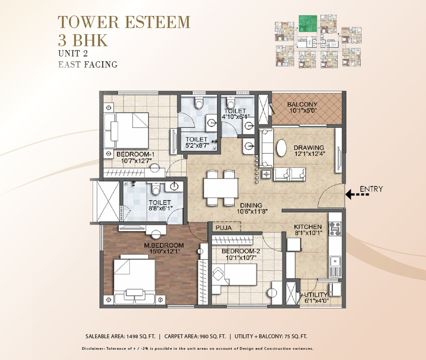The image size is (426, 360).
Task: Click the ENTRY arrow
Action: [357, 194]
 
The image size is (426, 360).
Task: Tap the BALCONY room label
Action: [302, 104]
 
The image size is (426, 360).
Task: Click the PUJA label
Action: [224, 228]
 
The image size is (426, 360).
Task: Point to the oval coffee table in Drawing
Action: [282, 148]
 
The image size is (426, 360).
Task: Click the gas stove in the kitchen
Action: [335, 229]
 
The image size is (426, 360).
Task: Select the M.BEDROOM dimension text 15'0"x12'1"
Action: [165, 251]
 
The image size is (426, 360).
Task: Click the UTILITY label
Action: [316, 295]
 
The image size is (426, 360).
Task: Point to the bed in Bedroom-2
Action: [235, 274]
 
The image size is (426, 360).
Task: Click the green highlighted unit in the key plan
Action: [308, 24]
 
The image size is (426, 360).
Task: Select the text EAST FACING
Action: [88, 65]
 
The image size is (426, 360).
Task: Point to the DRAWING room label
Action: [309, 148]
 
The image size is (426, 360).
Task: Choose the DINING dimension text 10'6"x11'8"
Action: [253, 211]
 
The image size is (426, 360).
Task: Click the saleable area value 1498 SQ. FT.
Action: [140, 336]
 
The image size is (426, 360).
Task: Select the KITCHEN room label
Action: [308, 227]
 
